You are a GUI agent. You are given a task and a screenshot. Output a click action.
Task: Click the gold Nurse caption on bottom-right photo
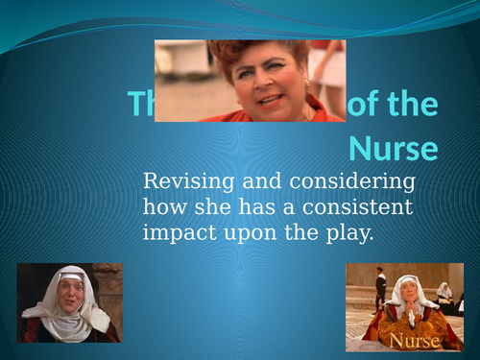point(411,341)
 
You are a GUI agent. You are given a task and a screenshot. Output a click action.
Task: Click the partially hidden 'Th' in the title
point(140,105)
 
